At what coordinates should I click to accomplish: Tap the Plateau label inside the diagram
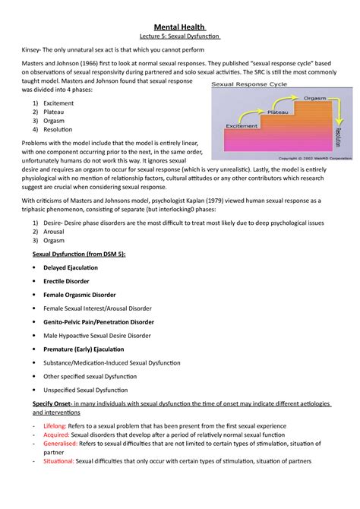(x=278, y=111)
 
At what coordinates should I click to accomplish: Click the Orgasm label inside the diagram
(x=315, y=98)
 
